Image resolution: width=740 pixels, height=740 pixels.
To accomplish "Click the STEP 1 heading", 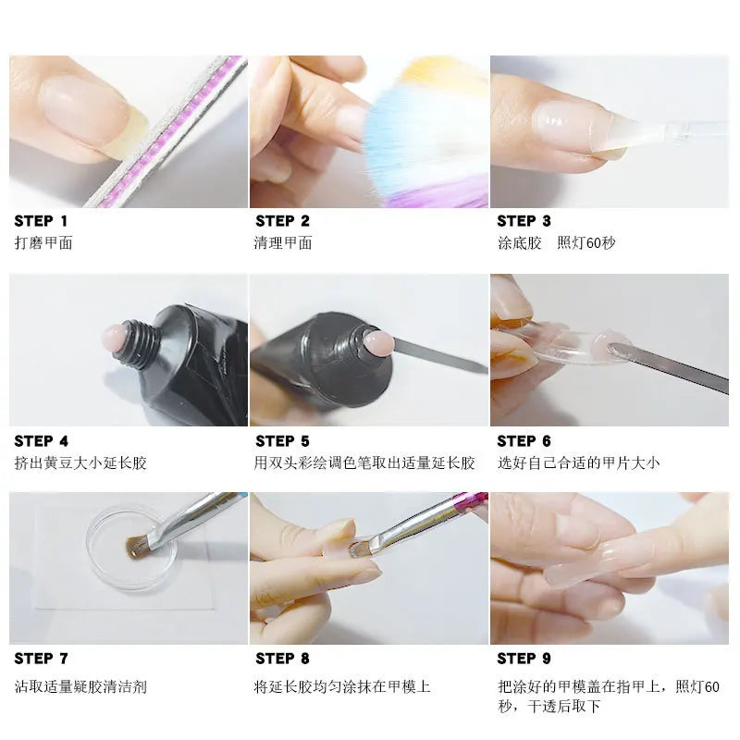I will (41, 221).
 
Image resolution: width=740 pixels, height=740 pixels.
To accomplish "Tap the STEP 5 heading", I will (282, 441).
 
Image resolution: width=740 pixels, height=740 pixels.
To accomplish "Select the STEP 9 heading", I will (524, 659).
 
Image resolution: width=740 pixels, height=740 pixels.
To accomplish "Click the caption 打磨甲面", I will (43, 243).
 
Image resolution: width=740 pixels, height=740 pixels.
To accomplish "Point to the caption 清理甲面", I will (283, 243).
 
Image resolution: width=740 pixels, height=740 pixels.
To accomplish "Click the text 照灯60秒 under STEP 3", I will (586, 243).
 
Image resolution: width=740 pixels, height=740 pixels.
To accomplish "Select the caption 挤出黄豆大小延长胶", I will (80, 462).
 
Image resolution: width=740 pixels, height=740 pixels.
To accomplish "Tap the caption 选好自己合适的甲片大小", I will (578, 462).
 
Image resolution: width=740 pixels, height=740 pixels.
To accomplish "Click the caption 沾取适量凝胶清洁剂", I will (80, 686).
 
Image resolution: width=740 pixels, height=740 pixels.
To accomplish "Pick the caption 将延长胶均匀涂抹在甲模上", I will (342, 686).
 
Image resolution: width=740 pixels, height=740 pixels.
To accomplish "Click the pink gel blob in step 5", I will (378, 342).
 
